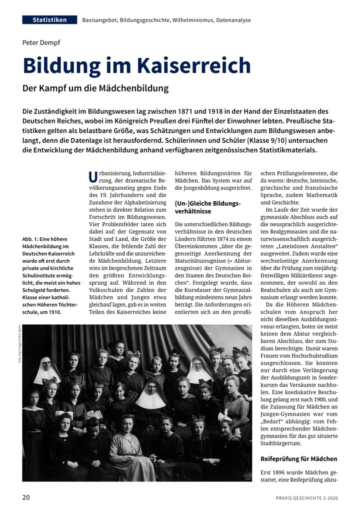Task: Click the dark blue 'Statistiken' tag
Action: (x=49, y=20)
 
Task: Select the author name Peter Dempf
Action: (x=41, y=43)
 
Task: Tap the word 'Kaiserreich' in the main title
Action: (x=196, y=66)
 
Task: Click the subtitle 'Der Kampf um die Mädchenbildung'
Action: (x=95, y=89)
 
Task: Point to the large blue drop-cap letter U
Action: (x=92, y=177)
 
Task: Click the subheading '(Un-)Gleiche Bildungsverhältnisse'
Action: (x=207, y=207)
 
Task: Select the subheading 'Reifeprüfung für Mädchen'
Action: (x=299, y=458)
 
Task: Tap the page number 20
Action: (x=26, y=497)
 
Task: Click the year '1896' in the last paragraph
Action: (x=279, y=472)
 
